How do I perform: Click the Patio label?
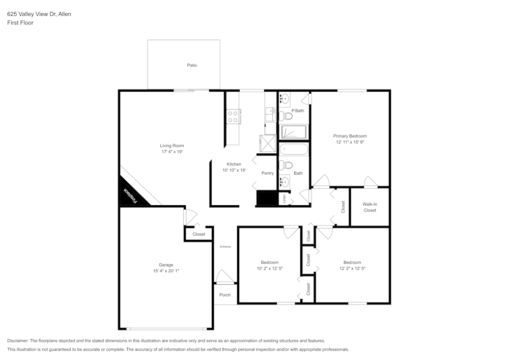192,65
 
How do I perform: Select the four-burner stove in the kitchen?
233,117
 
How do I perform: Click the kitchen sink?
270,114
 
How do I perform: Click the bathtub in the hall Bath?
294,149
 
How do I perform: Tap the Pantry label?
268,173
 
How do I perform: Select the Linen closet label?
284,199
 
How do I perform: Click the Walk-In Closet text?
370,207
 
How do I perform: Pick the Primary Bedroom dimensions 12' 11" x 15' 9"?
350,143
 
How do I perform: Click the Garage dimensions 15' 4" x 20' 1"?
166,271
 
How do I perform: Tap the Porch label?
224,295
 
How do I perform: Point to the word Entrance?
225,246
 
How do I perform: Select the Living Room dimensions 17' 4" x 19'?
172,152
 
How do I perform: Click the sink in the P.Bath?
285,99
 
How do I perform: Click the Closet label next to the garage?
199,234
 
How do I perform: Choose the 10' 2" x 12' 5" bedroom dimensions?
270,268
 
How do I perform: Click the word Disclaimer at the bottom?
18,341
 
